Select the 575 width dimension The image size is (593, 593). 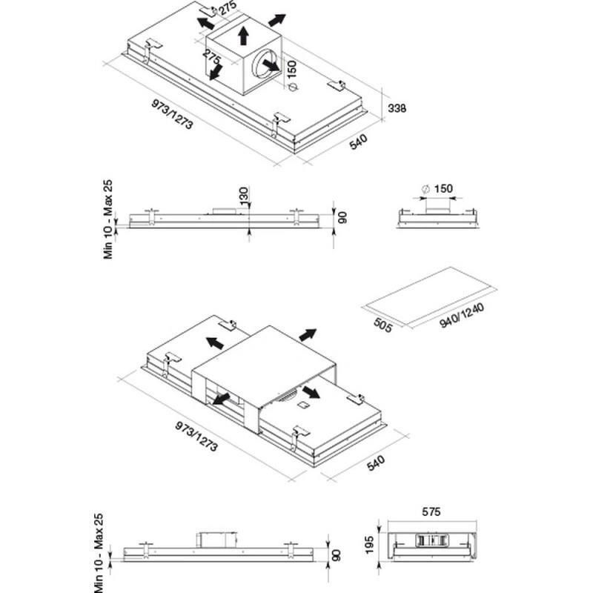click(x=431, y=511)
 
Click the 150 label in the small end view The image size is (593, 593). click(x=443, y=189)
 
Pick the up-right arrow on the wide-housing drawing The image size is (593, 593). click(x=308, y=334)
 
